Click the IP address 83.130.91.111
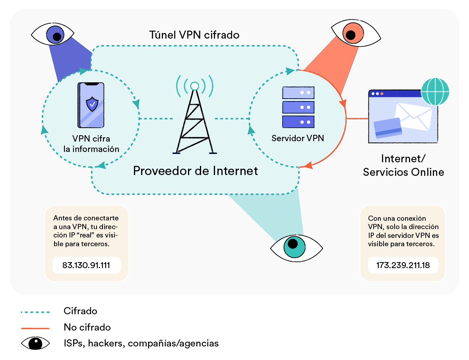pos(86,265)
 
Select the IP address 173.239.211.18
pos(403,265)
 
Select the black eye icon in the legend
pos(35,343)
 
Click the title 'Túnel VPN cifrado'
pos(194,35)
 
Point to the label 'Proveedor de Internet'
pos(195,171)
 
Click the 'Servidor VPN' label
pos(298,138)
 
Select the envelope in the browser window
pos(413,116)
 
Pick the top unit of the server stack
pos(298,93)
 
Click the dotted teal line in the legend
pos(35,311)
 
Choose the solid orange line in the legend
pos(35,328)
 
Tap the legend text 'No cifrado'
pos(87,327)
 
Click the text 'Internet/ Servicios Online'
pos(403,165)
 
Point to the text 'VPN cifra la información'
pos(91,144)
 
